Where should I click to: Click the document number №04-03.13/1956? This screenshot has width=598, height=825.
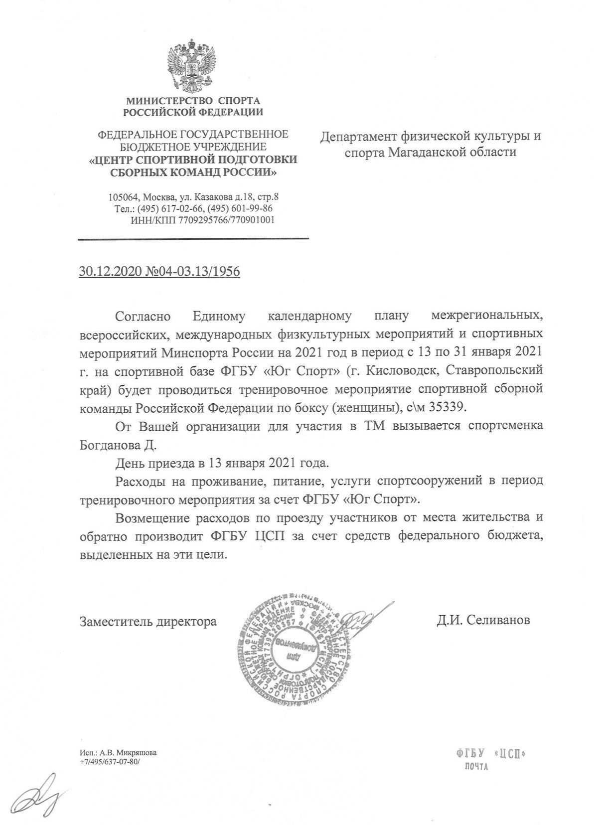[x=192, y=272]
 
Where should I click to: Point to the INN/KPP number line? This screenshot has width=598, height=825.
[x=202, y=220]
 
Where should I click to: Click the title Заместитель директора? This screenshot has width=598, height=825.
[x=148, y=621]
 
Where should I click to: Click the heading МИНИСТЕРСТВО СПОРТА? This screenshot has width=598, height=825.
[x=193, y=101]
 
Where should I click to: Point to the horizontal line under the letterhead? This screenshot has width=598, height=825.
[x=193, y=239]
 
